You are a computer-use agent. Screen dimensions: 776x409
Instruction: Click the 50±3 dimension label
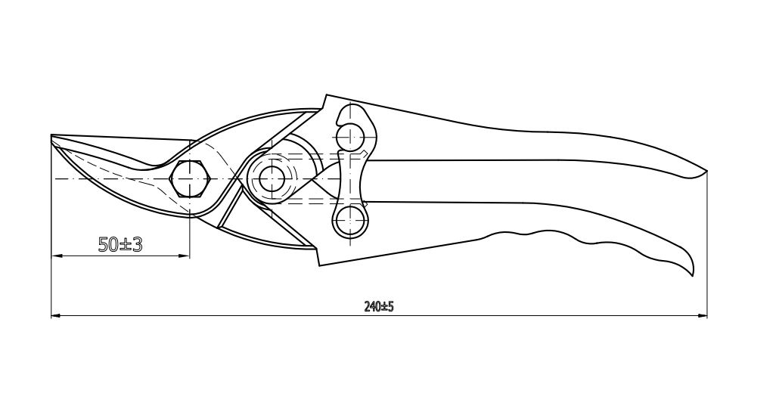[120, 244]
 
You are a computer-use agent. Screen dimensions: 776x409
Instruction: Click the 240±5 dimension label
[379, 307]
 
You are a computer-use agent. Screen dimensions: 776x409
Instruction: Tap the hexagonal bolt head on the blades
[190, 178]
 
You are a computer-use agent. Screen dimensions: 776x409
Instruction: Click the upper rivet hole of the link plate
[350, 135]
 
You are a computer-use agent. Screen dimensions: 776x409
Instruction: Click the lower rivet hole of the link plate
[350, 219]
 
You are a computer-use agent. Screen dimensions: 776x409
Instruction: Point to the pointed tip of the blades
[52, 136]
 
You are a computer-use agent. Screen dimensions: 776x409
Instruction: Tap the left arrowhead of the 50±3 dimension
[57, 256]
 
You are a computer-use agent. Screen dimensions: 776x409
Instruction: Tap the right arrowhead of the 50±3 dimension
[185, 256]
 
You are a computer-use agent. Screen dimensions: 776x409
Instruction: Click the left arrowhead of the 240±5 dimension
[57, 315]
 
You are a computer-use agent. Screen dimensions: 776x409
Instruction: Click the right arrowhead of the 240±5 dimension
[702, 315]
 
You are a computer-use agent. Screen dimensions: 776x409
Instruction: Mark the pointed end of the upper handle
[706, 171]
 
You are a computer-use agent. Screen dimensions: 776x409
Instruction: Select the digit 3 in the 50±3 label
[136, 244]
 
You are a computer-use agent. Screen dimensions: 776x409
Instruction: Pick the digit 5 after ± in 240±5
[390, 307]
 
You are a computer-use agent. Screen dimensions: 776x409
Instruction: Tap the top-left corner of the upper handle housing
[326, 95]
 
